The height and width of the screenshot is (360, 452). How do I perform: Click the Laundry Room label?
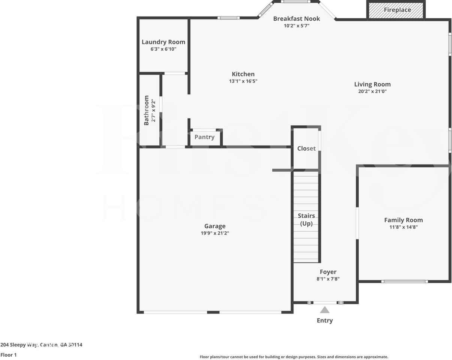(x=163, y=42)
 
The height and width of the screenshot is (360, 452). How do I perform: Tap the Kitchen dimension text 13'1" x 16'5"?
(x=243, y=81)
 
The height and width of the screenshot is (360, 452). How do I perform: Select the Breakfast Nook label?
(x=296, y=19)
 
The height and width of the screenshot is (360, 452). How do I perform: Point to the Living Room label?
(x=372, y=84)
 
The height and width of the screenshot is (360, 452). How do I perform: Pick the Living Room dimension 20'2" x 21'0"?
(x=372, y=91)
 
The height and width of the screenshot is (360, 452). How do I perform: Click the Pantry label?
(x=205, y=137)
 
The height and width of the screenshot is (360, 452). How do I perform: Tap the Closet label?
(x=306, y=148)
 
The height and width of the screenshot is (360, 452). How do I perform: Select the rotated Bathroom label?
(x=147, y=110)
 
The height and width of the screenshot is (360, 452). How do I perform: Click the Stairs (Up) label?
(x=306, y=220)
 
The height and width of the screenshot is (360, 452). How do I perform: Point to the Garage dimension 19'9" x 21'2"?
(x=215, y=233)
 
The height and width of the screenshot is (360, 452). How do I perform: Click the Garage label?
(x=215, y=226)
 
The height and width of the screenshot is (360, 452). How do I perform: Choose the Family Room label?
(x=403, y=220)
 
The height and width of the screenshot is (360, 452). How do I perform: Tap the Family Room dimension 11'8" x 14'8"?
(x=403, y=227)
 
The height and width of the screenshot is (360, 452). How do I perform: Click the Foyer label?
(x=328, y=272)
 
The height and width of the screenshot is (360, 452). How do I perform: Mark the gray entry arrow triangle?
(x=325, y=310)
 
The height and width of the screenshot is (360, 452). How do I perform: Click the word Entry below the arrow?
(x=325, y=321)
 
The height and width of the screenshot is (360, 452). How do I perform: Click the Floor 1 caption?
(x=9, y=355)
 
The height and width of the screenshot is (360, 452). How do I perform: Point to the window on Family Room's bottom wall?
(x=404, y=281)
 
